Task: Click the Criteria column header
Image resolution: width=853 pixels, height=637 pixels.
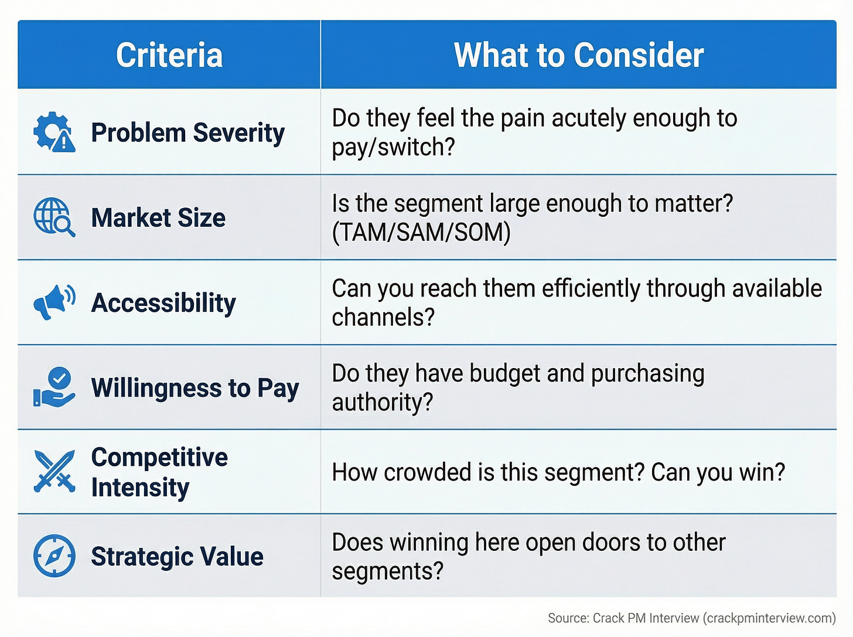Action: pyautogui.click(x=169, y=55)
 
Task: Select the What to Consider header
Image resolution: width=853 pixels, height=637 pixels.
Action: pyautogui.click(x=578, y=55)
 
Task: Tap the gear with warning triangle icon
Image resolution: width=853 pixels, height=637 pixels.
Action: pyautogui.click(x=54, y=132)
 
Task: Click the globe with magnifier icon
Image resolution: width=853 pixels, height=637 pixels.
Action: pyautogui.click(x=54, y=217)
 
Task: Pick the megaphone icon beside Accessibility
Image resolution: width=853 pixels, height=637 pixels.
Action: pyautogui.click(x=54, y=302)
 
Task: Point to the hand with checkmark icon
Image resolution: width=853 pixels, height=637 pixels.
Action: pyautogui.click(x=54, y=387)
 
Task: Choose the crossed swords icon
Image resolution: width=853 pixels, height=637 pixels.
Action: pyautogui.click(x=54, y=471)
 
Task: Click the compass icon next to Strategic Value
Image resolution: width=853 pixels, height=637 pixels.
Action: pyautogui.click(x=54, y=556)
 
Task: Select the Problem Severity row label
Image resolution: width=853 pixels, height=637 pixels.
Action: pyautogui.click(x=187, y=132)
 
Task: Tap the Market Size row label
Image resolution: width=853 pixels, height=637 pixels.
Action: pyautogui.click(x=158, y=217)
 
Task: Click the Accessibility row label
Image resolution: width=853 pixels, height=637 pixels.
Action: pyautogui.click(x=163, y=303)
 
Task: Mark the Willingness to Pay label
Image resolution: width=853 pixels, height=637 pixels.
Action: pyautogui.click(x=195, y=388)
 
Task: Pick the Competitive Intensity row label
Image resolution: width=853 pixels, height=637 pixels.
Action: pyautogui.click(x=159, y=472)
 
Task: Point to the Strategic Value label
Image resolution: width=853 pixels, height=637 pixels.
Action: pyautogui.click(x=177, y=556)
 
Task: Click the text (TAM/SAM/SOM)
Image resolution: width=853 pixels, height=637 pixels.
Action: pyautogui.click(x=421, y=233)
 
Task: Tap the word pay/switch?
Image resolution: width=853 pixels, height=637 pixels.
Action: pyautogui.click(x=393, y=147)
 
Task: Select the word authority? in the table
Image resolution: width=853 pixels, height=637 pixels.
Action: pyautogui.click(x=382, y=402)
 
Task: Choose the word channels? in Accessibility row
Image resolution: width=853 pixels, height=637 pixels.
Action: pyautogui.click(x=383, y=317)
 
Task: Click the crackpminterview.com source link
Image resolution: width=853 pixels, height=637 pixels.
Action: pyautogui.click(x=769, y=618)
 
